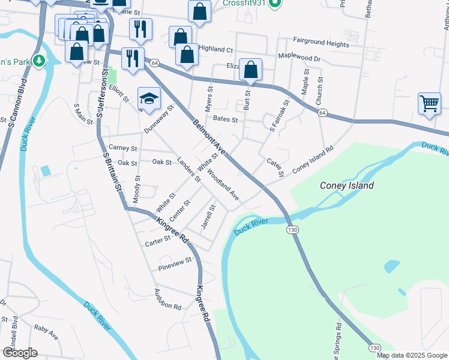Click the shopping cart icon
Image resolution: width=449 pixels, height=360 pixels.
(430, 103)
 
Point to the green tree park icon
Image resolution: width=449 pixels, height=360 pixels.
(39, 61)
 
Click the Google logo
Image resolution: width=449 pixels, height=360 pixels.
(20, 353)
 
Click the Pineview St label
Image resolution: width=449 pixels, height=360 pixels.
(175, 261)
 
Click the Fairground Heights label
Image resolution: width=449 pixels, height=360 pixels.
(321, 44)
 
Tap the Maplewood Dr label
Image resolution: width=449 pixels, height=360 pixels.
(300, 59)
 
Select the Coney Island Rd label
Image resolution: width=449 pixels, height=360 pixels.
(312, 162)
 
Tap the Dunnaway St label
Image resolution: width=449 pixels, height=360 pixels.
(158, 120)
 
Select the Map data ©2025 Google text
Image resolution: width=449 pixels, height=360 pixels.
(412, 355)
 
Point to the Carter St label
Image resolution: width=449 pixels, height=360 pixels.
(158, 241)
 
